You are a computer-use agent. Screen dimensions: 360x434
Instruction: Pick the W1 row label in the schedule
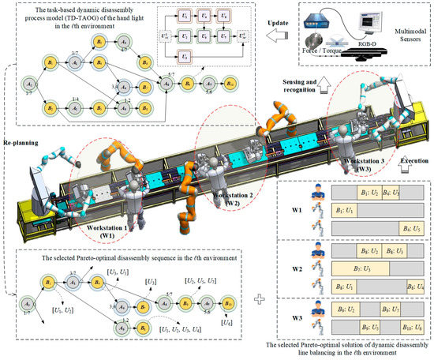(x=291, y=209)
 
